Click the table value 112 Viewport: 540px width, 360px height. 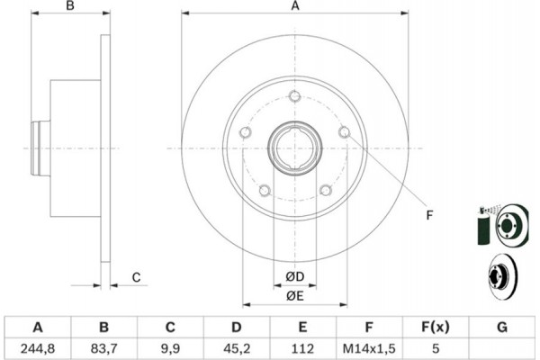(x=303, y=346)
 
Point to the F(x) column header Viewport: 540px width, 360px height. (x=435, y=327)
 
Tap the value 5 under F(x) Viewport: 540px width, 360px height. (x=435, y=346)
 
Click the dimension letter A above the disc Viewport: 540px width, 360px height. (x=294, y=7)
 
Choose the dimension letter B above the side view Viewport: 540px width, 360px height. (x=71, y=7)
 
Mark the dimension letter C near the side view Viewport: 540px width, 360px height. (x=137, y=276)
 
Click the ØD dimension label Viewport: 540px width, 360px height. (x=294, y=275)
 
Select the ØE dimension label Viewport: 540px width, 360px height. (x=294, y=295)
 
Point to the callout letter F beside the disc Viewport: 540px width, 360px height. (x=428, y=213)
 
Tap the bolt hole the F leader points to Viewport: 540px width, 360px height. (x=344, y=133)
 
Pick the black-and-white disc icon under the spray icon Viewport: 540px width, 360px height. (x=499, y=276)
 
